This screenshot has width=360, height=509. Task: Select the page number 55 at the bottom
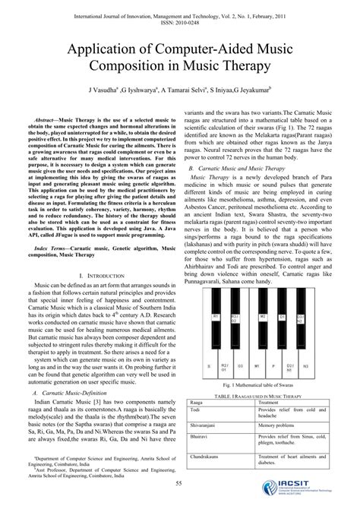(x=179, y=484)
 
